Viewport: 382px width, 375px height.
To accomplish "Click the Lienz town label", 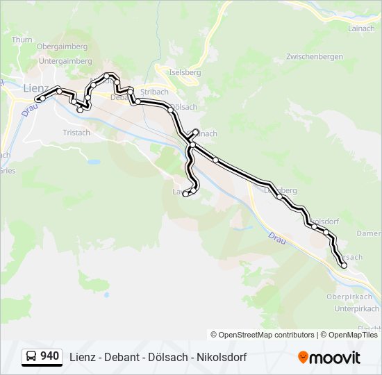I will click(x=35, y=88).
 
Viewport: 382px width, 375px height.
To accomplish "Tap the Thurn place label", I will click(x=22, y=40).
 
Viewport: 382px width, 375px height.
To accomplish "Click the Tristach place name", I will click(x=76, y=133).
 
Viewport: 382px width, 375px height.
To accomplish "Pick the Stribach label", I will click(x=154, y=92).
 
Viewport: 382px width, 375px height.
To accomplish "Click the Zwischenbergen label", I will click(x=315, y=56).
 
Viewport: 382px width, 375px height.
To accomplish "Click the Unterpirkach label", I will click(x=356, y=308).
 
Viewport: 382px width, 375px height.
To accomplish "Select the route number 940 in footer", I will click(x=49, y=356).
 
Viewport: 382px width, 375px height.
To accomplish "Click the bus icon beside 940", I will click(x=32, y=357).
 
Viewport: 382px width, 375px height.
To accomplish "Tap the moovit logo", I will click(x=329, y=358).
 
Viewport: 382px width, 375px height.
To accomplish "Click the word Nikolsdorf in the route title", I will click(x=221, y=357).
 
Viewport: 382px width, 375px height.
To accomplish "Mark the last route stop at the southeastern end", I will click(x=344, y=265).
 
